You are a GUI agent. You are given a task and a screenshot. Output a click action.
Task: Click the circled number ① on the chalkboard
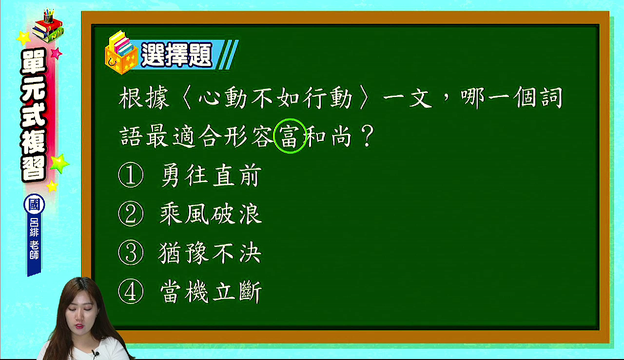[x=131, y=175]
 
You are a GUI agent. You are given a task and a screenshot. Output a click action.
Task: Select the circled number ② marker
[x=131, y=214]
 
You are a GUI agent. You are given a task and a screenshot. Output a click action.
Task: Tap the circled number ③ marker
[x=131, y=253]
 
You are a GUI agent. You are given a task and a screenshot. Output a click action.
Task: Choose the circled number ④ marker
[x=131, y=291]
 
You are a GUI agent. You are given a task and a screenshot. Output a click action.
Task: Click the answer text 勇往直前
[x=211, y=175]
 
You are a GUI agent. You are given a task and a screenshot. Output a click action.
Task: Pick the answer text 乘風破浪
[x=211, y=214]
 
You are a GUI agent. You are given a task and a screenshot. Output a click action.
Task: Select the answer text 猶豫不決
[x=210, y=253]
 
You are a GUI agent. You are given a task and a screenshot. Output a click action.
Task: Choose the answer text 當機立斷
[x=211, y=292]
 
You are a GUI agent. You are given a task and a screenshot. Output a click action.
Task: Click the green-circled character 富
[x=290, y=136]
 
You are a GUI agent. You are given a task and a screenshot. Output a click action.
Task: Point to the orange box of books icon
[x=121, y=53]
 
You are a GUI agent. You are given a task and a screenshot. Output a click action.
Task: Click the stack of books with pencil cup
[x=48, y=26]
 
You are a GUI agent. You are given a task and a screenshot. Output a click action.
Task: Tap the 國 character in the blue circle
[x=34, y=204]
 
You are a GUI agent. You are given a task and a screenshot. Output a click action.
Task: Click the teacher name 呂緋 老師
[x=34, y=239]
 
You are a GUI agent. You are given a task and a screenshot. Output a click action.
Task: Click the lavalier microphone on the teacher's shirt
[x=96, y=354]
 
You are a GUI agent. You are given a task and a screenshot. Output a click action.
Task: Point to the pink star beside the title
[x=56, y=53]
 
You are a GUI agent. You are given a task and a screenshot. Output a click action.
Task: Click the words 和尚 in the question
[x=329, y=136]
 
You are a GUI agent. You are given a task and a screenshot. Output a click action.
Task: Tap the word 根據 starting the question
[x=144, y=98]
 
